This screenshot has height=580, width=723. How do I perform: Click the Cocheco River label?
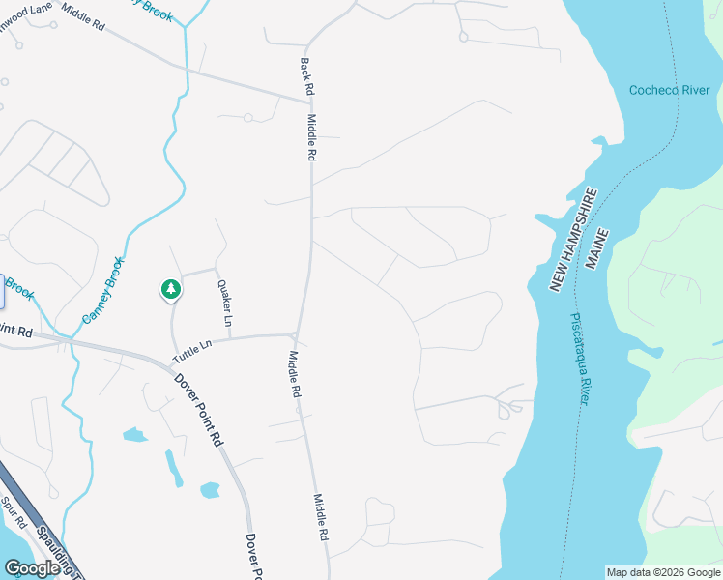pos(669,90)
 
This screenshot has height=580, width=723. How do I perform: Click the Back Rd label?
pos(306,76)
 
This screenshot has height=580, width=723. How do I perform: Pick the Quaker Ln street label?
pos(226,303)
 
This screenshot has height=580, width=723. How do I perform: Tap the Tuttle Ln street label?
pos(191,350)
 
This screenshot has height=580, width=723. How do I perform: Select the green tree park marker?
pos(170,289)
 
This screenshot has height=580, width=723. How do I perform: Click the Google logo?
pos(32,568)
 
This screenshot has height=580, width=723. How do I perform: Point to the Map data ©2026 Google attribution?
pos(662,572)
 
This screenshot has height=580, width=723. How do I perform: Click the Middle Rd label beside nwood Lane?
pos(82,15)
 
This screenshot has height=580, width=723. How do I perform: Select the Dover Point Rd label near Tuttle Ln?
pos(199,409)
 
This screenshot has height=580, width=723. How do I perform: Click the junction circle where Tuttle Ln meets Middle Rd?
pos(292,335)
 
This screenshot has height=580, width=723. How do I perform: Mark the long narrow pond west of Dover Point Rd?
pos(174,469)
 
